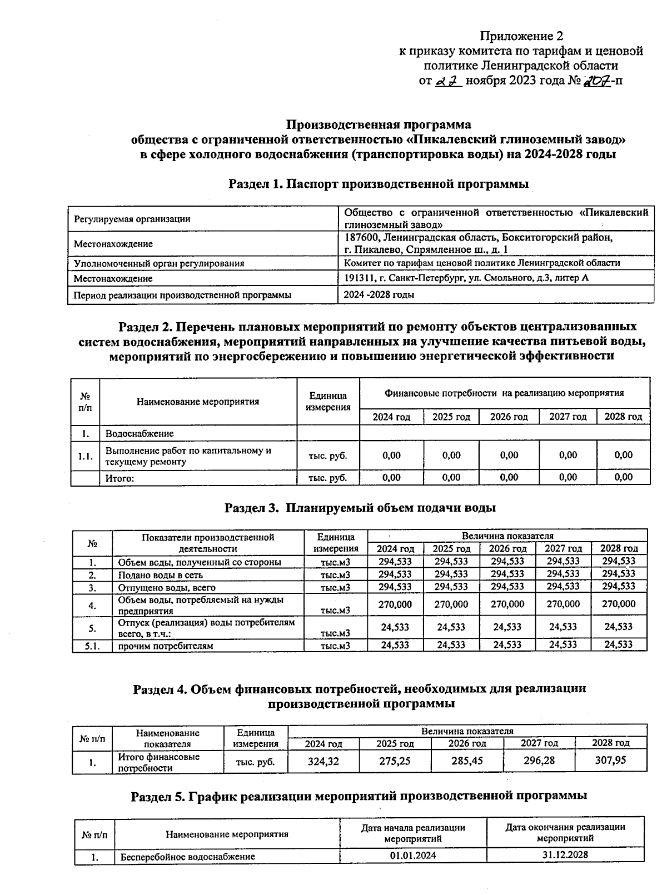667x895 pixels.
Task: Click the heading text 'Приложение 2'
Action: pyautogui.click(x=521, y=37)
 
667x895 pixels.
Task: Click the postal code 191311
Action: pyautogui.click(x=359, y=278)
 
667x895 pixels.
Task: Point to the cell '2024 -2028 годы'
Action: pyautogui.click(x=379, y=295)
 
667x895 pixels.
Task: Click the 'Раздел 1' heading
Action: pyautogui.click(x=379, y=184)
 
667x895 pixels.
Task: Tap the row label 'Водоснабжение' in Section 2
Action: pyautogui.click(x=140, y=433)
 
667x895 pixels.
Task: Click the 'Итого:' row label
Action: pyautogui.click(x=121, y=477)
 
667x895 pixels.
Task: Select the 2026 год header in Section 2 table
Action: pyautogui.click(x=509, y=417)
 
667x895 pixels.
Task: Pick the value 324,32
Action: pyautogui.click(x=323, y=761)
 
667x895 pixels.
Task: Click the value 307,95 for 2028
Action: pyautogui.click(x=610, y=760)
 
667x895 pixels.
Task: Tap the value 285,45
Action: pyautogui.click(x=467, y=761)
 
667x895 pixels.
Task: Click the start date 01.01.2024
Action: pyautogui.click(x=412, y=856)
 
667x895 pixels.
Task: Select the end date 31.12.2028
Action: pyautogui.click(x=565, y=855)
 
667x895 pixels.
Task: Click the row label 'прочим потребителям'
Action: pyautogui.click(x=166, y=646)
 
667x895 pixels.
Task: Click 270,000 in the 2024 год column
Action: pyautogui.click(x=395, y=604)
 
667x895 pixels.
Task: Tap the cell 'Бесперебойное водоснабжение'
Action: pyautogui.click(x=188, y=857)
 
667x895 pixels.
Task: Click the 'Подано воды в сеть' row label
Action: pyautogui.click(x=160, y=575)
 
